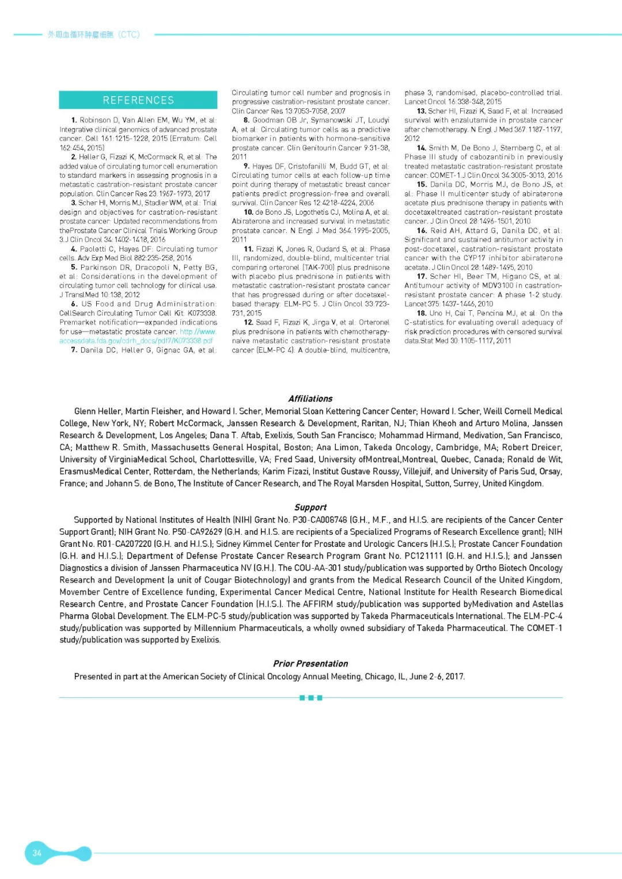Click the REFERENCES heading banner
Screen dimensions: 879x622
click(138, 100)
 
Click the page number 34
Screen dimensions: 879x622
click(37, 853)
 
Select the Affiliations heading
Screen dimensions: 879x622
click(310, 398)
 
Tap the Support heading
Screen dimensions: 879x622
click(310, 507)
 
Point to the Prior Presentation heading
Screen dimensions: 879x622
click(310, 664)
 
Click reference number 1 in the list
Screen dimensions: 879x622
click(74, 120)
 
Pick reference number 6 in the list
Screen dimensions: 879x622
click(74, 304)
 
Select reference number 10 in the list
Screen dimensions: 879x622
click(249, 212)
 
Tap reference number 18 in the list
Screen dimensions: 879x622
click(422, 313)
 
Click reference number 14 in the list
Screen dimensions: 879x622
click(422, 148)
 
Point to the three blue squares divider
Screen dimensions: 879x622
click(311, 698)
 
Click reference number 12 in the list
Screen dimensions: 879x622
click(249, 322)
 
